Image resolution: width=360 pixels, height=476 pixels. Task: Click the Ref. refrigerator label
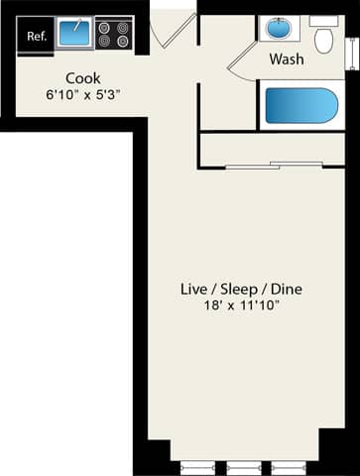37,37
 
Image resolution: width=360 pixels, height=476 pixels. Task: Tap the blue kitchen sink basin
73,34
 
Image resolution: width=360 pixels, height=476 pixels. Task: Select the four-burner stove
113,34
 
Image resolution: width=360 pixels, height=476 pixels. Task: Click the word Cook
82,78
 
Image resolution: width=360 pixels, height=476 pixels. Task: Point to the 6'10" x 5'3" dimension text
82,95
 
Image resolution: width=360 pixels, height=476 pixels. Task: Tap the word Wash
287,59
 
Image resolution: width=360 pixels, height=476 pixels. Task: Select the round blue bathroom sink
275,29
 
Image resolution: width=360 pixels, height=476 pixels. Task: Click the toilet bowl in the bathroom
323,38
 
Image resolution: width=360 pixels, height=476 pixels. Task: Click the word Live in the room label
192,290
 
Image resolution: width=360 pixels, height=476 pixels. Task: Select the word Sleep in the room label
239,290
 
